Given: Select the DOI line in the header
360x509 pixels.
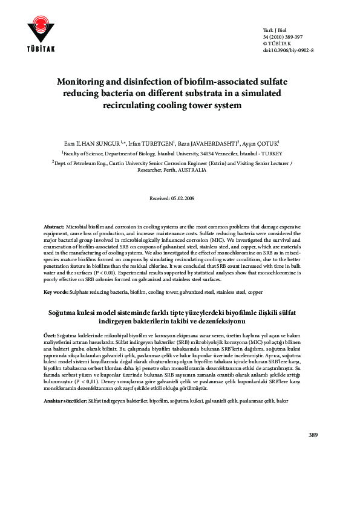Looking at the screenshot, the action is pos(288,50).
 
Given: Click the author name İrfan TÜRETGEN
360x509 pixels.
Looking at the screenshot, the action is pos(151,144).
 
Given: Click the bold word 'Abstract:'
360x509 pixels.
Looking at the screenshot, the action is pos(55,225).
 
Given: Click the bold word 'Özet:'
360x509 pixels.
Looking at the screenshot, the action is pos(50,334).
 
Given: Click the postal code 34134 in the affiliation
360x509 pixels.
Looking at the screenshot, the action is pos(216,154).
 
